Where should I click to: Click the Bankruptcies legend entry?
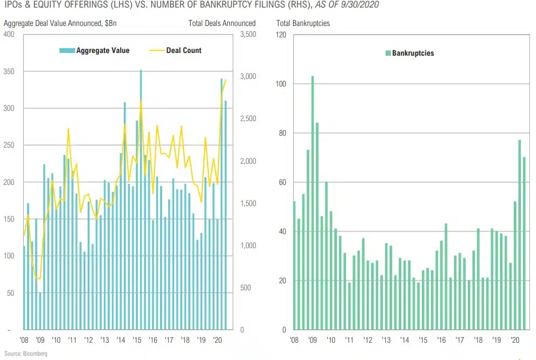(x=413, y=54)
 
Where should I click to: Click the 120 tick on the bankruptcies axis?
(x=281, y=35)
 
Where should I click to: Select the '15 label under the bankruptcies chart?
(x=423, y=341)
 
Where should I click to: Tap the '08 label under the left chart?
(x=24, y=341)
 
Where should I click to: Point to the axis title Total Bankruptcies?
(x=303, y=23)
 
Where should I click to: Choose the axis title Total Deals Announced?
(x=222, y=23)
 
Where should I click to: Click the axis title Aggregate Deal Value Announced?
(x=59, y=23)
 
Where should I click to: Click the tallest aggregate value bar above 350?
(x=141, y=200)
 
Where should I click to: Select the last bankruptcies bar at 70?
(x=524, y=243)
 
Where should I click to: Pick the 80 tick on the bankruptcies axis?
(x=282, y=133)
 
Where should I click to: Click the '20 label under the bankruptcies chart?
(x=515, y=341)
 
